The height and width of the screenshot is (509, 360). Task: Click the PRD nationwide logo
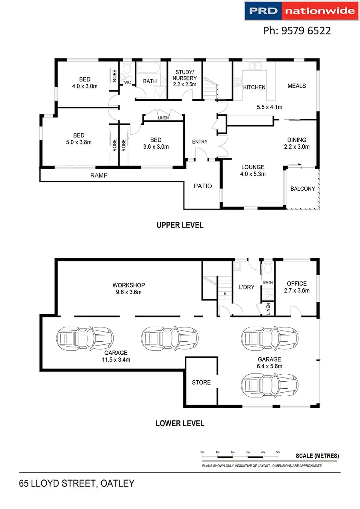[x=301, y=10]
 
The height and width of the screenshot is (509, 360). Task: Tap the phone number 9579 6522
[x=297, y=30]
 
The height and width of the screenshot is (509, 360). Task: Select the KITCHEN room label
[x=254, y=87]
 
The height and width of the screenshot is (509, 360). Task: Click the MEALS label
[x=296, y=86]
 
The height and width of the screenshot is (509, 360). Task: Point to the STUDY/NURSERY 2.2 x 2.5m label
[x=184, y=78]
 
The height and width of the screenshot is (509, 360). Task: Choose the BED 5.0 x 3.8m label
[x=78, y=139]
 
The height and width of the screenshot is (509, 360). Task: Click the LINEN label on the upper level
[x=163, y=118]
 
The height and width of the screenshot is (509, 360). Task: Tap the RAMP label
[x=99, y=175]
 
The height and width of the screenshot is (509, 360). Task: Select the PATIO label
[x=203, y=186]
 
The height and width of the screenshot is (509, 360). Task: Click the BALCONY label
[x=302, y=189]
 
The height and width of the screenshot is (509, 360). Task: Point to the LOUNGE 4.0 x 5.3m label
[x=252, y=170]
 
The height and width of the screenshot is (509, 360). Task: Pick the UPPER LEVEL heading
[x=180, y=225]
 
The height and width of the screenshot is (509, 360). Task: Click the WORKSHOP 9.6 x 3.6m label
[x=128, y=288]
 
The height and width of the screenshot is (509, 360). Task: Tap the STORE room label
[x=201, y=383]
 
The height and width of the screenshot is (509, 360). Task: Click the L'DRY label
[x=246, y=287]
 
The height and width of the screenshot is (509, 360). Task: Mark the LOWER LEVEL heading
[x=180, y=423]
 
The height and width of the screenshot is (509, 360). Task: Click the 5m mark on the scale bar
[x=278, y=452]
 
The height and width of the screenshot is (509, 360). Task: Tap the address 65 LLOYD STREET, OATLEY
[x=76, y=484]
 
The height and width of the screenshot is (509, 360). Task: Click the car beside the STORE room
[x=270, y=385]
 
